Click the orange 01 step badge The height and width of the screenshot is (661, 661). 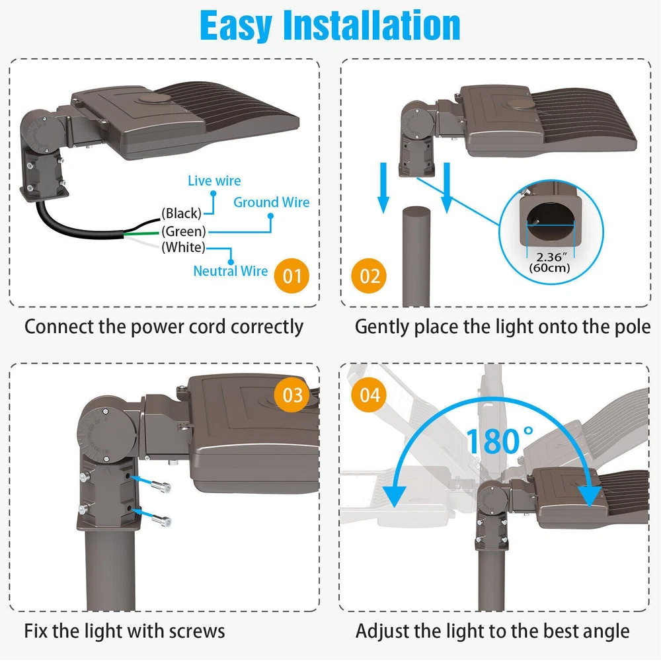292,276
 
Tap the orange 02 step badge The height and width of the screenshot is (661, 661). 369,276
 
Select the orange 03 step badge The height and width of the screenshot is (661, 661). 293,395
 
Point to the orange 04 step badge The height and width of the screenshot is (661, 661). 369,395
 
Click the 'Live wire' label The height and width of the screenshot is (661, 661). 214,181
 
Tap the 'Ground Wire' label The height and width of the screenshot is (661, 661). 272,202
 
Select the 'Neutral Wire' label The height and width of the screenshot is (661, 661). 230,271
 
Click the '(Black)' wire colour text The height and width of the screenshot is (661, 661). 181,214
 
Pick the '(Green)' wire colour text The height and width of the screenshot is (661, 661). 183,231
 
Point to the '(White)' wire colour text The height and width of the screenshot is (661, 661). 183,247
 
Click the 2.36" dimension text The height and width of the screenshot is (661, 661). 551,256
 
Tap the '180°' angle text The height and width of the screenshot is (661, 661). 500,440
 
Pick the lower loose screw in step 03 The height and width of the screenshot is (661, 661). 161,520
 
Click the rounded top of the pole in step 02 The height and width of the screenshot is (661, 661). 416,212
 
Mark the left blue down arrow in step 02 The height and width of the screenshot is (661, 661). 383,188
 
